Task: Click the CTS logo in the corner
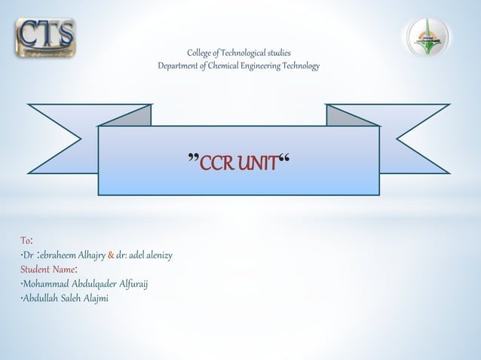[x=45, y=37]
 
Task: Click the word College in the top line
[x=201, y=53]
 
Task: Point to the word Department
[x=180, y=66]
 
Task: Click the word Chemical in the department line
[x=237, y=66]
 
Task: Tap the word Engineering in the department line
[x=276, y=66]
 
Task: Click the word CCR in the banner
[x=219, y=162]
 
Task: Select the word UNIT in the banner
[x=259, y=162]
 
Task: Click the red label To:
[x=26, y=240]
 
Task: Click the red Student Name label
[x=46, y=270]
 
